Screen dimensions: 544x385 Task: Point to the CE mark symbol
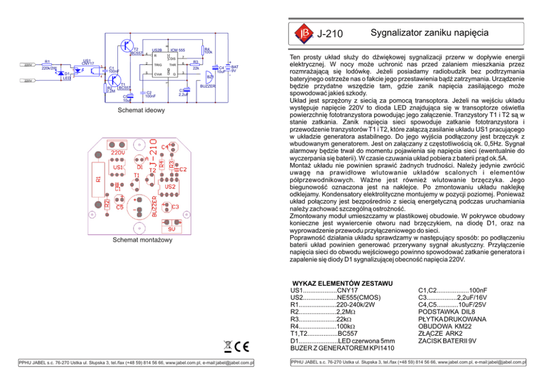[x=242, y=347]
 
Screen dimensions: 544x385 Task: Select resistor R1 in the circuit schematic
[x=47, y=65]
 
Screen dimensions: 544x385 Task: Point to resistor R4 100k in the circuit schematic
[x=203, y=49]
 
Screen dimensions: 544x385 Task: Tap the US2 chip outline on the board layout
[x=169, y=187]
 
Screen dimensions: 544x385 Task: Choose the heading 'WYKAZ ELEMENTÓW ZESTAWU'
[x=342, y=283]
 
